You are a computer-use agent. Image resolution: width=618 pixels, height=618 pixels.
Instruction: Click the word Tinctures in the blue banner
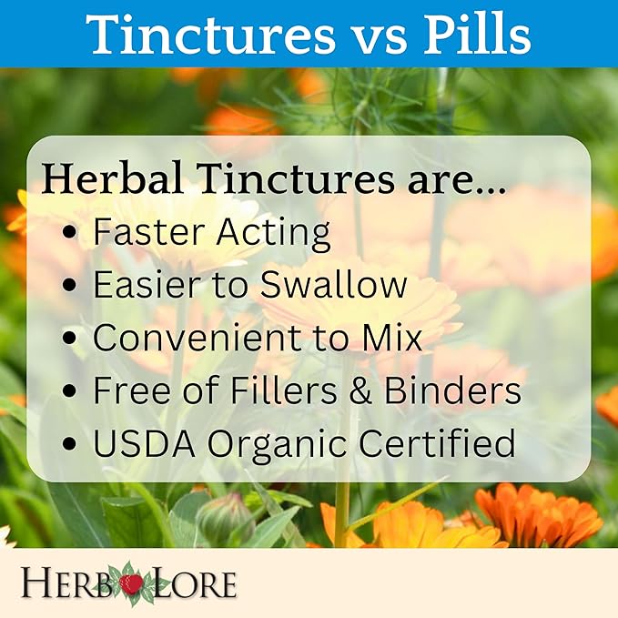coord(210,35)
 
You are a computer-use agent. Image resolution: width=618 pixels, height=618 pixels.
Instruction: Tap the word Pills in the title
coord(477,35)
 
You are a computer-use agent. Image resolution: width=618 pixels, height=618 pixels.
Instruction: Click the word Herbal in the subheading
coord(113,178)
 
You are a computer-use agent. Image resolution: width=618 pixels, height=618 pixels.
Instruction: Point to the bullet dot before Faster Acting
coord(70,232)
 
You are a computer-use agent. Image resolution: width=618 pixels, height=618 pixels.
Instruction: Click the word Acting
coord(274,234)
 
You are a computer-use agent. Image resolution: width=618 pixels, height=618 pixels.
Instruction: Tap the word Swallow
coord(333,285)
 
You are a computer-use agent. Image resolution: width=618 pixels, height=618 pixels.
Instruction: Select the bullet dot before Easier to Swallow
coord(70,286)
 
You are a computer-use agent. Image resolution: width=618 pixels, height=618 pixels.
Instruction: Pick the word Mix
coord(392,338)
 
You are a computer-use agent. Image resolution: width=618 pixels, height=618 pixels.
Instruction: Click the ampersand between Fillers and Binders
coord(360,390)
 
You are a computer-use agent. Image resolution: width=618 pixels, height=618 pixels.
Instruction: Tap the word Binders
coord(452,390)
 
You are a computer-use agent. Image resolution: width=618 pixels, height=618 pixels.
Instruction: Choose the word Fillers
coord(283,390)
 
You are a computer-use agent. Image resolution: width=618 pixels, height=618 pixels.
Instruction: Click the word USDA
coord(144,443)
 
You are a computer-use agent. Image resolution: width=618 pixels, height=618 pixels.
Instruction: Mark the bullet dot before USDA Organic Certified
coord(70,443)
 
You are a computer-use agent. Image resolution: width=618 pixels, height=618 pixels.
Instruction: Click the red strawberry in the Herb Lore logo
coord(131,583)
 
